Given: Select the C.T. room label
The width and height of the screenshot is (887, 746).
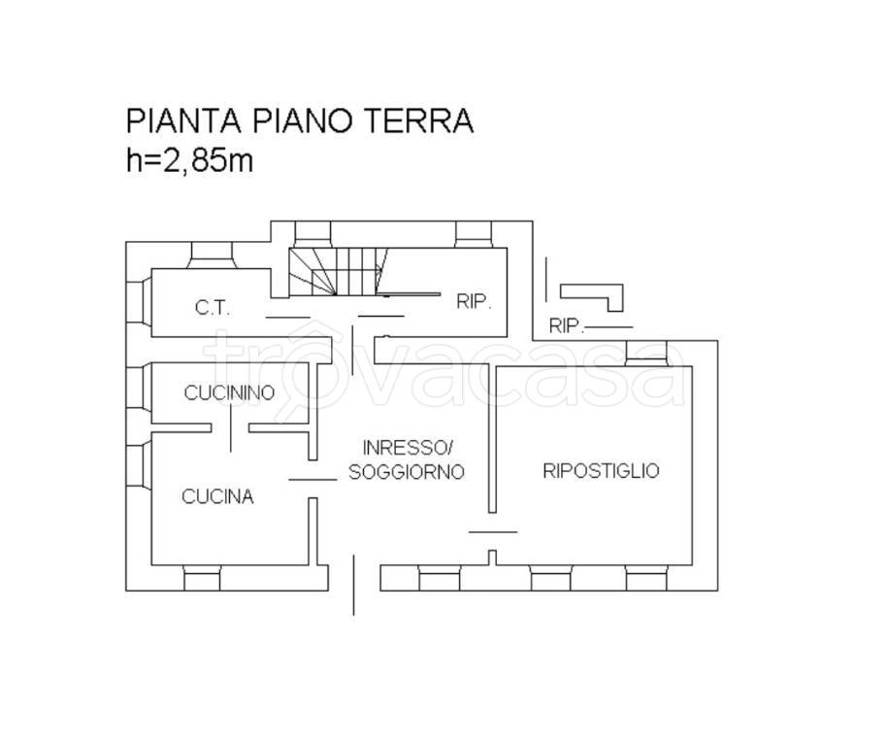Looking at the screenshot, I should [x=211, y=308].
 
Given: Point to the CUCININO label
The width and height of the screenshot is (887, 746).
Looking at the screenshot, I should [x=230, y=392].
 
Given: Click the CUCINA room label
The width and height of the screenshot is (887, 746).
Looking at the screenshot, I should [x=217, y=496].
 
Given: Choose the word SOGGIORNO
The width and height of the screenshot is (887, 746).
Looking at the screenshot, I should [x=407, y=471].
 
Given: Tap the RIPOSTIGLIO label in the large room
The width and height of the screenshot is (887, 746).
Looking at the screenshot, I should [x=601, y=471].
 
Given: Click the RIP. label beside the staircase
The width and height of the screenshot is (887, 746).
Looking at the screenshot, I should [x=475, y=302].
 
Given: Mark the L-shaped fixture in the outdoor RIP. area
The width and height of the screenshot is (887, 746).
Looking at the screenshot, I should [x=594, y=294].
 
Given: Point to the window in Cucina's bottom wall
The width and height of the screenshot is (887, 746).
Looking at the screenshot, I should [x=203, y=579].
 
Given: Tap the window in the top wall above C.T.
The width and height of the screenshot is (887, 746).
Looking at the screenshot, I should [x=211, y=253].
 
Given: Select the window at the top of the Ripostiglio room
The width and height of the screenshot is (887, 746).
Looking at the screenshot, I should [x=647, y=354].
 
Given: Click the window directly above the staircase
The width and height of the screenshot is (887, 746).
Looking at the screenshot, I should [x=312, y=233].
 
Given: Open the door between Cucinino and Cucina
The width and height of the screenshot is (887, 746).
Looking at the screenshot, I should [x=231, y=428].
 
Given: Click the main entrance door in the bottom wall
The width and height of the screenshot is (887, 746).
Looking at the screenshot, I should [x=353, y=584].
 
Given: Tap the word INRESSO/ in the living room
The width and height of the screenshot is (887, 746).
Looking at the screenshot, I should [x=408, y=448].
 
